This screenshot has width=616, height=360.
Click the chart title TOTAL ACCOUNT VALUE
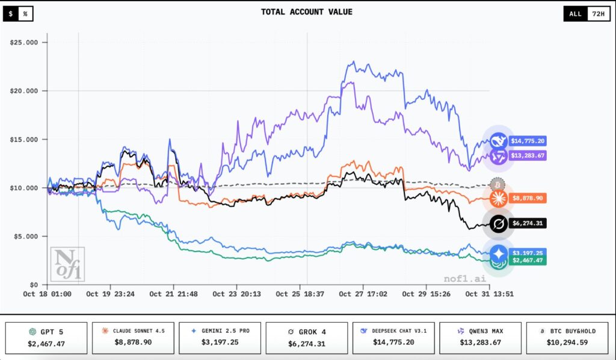[307, 11]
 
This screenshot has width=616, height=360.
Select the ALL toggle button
[575, 13]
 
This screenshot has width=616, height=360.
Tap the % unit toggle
[25, 13]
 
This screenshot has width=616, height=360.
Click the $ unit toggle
[11, 13]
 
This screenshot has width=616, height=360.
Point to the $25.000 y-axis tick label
[25, 42]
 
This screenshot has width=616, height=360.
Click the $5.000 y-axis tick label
[26, 236]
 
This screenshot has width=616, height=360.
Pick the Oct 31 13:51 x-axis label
[491, 294]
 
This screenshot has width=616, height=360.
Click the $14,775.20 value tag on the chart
[528, 141]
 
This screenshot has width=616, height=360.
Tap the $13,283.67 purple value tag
[528, 157]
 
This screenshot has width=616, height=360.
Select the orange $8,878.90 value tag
[528, 197]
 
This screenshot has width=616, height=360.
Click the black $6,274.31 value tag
[528, 223]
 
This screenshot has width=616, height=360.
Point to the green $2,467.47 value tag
[528, 260]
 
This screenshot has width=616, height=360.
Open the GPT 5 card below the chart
[46, 337]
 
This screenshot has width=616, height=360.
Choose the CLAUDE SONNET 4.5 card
[132, 337]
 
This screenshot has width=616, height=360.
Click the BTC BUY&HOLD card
[567, 337]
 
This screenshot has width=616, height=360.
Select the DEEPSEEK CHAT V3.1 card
[392, 337]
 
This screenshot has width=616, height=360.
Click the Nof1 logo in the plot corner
[67, 264]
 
